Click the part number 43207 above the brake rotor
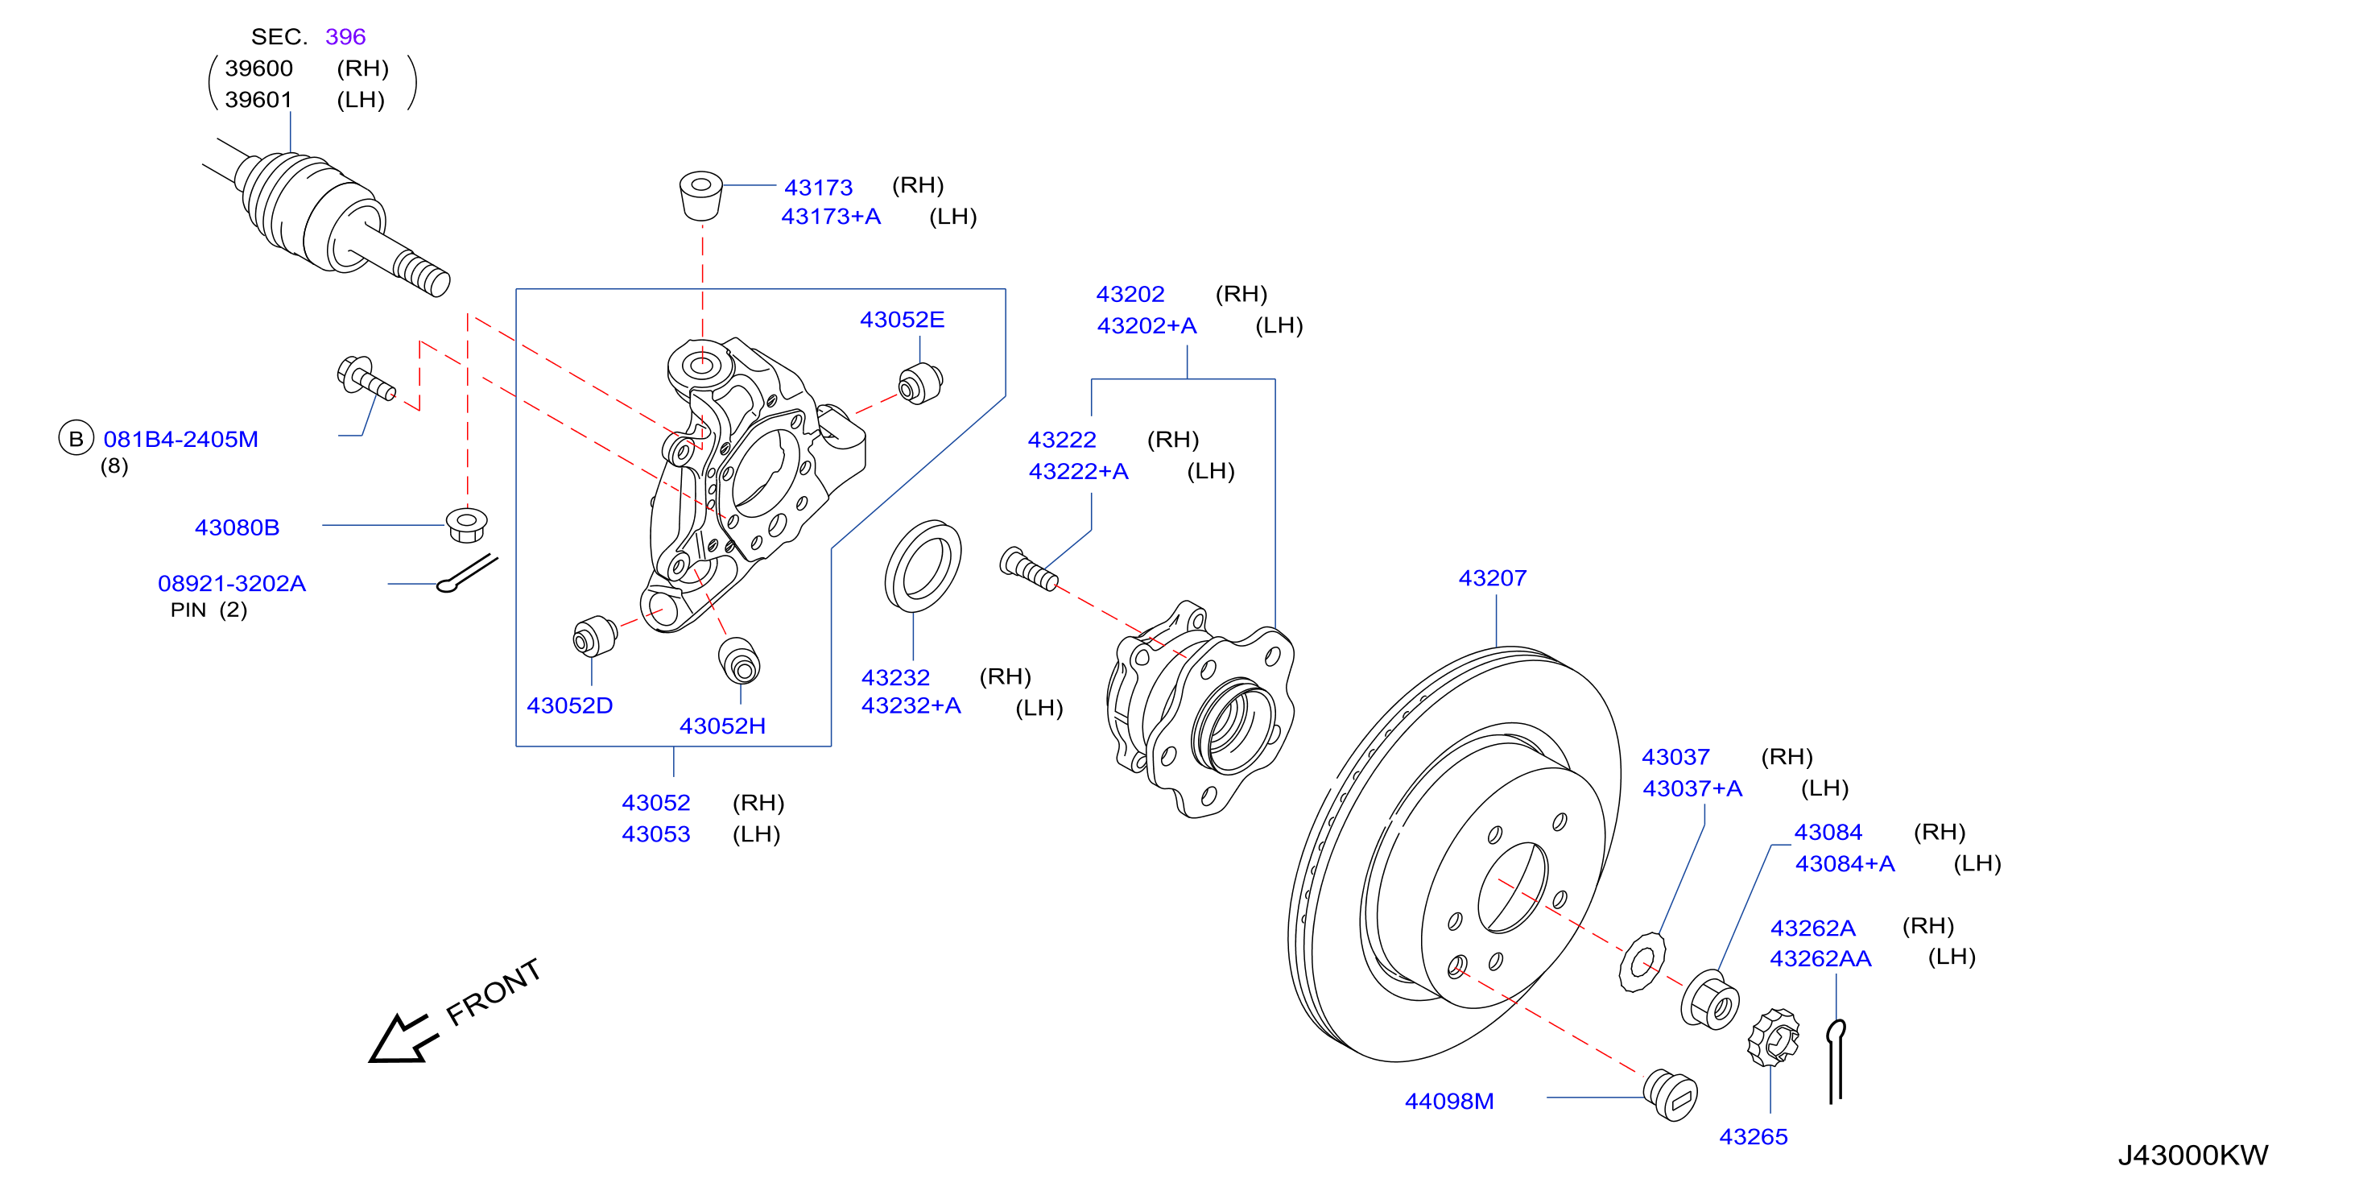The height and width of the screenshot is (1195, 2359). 1492,579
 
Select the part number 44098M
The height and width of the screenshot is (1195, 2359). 1448,1101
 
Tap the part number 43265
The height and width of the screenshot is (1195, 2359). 1753,1136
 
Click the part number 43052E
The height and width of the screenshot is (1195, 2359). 901,320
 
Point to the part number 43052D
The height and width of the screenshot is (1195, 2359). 568,705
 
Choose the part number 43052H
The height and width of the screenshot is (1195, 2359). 721,726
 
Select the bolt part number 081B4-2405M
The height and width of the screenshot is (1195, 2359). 180,440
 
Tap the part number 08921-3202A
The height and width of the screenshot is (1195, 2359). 232,583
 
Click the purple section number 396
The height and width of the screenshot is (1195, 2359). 345,36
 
